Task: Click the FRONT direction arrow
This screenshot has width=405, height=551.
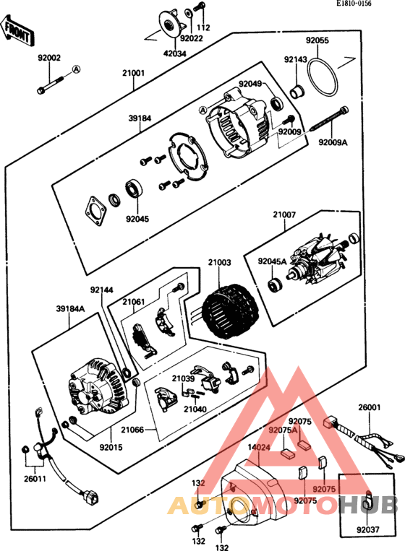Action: (17, 30)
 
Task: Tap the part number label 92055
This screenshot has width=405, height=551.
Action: (317, 40)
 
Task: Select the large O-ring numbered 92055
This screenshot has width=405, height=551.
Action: (324, 77)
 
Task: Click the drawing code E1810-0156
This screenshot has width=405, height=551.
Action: (353, 4)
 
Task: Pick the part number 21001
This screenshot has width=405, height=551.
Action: (133, 73)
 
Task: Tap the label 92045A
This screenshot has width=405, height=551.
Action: (272, 261)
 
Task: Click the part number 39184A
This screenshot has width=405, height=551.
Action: (71, 309)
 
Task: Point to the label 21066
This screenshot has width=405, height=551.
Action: (132, 430)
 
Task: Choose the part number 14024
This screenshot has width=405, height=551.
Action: (259, 447)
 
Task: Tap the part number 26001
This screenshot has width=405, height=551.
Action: (370, 407)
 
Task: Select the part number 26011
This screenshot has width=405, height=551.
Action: (35, 479)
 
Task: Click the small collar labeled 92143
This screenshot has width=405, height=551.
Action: (297, 92)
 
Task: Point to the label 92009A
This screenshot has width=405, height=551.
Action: (333, 142)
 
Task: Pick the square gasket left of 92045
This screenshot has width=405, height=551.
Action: (95, 212)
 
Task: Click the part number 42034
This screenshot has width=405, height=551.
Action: (175, 53)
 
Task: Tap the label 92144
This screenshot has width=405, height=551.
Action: (102, 290)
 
